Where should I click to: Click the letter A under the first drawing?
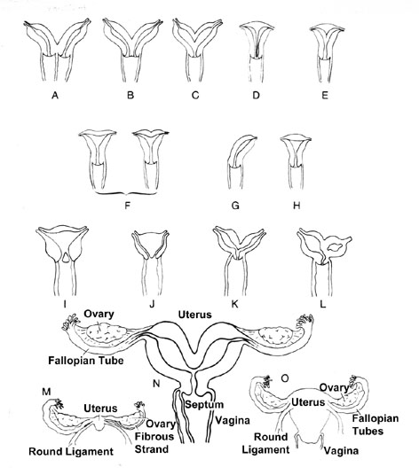55,95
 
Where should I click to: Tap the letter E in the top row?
325,95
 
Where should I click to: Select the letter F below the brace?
128,206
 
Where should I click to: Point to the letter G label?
235,206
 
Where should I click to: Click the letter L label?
323,304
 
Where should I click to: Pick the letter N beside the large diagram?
156,384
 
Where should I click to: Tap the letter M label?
46,392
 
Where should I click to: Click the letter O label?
285,378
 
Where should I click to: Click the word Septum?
204,404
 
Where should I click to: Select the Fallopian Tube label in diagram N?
86,361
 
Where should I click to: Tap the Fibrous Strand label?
154,442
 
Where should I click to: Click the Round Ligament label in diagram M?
71,452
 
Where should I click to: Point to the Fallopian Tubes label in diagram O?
376,424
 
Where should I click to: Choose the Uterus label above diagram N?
194,315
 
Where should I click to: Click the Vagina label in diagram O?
342,451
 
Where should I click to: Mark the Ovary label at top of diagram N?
99,314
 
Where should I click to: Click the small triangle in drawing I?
66,258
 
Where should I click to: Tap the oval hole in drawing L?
336,247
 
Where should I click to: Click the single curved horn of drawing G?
241,150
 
